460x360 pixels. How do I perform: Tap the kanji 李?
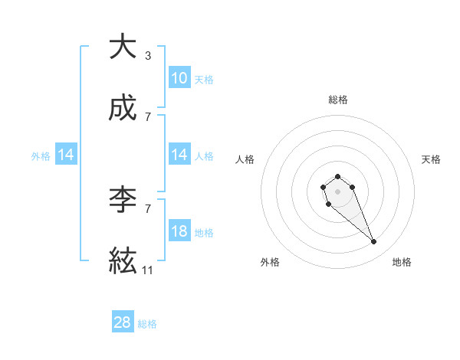point(123,199)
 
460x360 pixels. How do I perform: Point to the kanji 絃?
point(123,262)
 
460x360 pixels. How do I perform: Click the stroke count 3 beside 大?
point(148,55)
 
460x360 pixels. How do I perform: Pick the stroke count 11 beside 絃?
point(148,270)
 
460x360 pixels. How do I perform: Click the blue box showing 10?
point(179,77)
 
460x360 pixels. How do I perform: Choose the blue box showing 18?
point(179,231)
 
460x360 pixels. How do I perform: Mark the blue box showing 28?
point(123,322)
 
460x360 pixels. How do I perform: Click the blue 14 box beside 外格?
point(66,155)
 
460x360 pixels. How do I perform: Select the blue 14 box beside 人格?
point(179,155)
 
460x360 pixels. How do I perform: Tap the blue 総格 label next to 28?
point(147,324)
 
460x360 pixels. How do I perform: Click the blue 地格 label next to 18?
point(204,232)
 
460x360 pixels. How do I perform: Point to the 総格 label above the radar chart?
point(337,100)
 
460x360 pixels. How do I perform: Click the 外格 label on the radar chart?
point(270,262)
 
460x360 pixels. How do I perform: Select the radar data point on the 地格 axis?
point(374,242)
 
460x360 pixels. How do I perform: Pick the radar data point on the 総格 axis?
point(337,176)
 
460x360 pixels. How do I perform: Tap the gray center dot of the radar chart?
point(337,190)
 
